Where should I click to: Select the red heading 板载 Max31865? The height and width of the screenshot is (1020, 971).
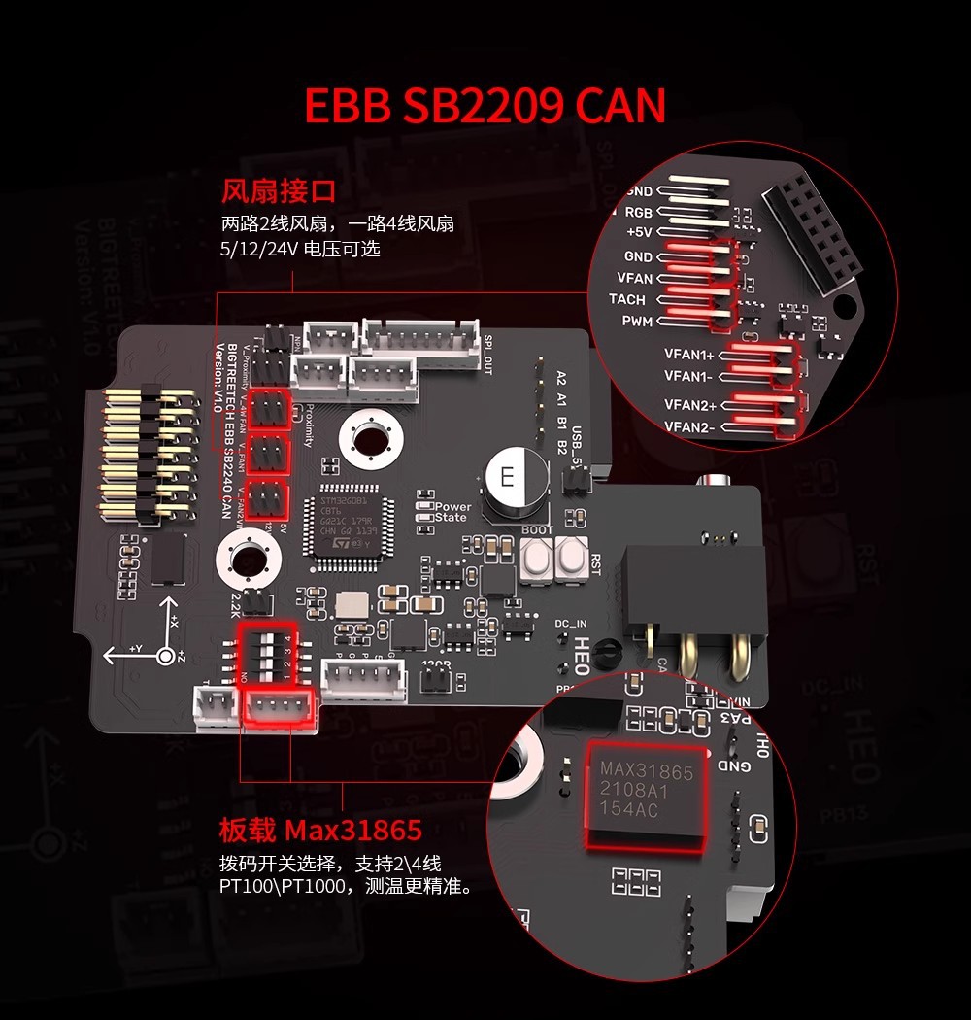320,831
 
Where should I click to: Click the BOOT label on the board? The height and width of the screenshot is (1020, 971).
537,530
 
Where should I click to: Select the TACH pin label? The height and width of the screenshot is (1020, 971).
627,299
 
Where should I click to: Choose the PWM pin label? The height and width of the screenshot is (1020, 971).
637,321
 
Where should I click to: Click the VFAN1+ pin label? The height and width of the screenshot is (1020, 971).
689,356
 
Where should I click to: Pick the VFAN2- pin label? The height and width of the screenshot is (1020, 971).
689,426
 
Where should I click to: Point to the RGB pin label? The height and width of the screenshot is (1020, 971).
638,212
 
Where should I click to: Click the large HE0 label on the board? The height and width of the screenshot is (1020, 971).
581,648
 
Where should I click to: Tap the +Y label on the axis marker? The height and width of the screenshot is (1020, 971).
136,647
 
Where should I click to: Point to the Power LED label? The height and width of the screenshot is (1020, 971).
452,507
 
